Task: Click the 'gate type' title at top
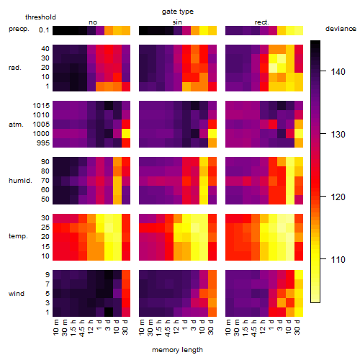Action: click(178, 12)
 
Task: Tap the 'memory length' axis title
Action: click(178, 350)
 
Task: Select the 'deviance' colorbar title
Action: click(341, 29)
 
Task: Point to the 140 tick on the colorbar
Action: click(338, 71)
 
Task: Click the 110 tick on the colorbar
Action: click(338, 259)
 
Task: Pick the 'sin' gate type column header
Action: click(177, 22)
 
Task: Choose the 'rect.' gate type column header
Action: click(261, 22)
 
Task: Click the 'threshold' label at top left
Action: click(40, 17)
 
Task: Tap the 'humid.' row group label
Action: click(20, 181)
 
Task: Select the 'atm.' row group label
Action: click(16, 125)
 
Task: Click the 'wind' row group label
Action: click(17, 294)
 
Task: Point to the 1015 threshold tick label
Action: click(41, 106)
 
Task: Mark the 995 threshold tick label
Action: click(43, 143)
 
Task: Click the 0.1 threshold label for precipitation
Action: click(44, 30)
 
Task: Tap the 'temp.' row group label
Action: click(18, 236)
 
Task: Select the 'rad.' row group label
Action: click(15, 68)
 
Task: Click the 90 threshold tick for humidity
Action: click(45, 162)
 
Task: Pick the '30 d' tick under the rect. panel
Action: click(297, 327)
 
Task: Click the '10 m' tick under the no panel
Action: click(55, 328)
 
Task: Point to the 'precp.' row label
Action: click(19, 29)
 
